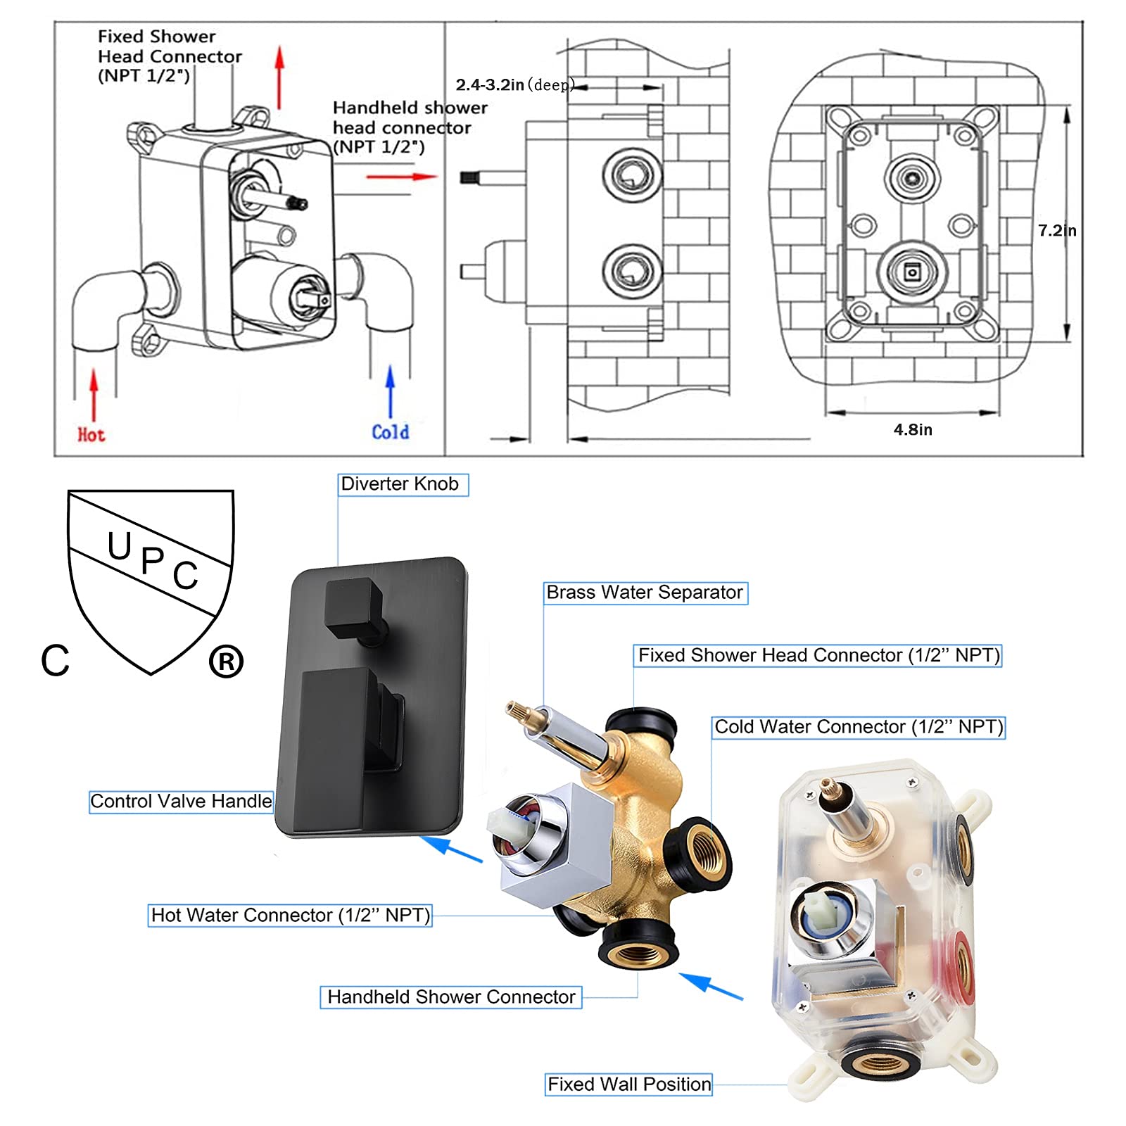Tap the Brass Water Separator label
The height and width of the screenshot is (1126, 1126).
point(645,593)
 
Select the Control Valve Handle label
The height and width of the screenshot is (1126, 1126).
point(181,802)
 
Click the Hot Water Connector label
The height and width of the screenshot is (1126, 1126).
point(290,915)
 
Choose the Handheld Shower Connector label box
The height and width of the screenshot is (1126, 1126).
point(451,997)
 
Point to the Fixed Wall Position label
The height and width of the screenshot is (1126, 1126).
point(629,1084)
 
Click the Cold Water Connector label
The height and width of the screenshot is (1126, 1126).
point(859,727)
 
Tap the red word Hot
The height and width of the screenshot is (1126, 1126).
point(91,435)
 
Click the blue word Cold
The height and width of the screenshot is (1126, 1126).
point(390,432)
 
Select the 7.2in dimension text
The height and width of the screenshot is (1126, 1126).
point(1057,231)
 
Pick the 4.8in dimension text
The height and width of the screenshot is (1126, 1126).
point(913,429)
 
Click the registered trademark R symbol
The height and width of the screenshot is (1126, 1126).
point(226,662)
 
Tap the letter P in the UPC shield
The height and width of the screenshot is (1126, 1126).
point(153,561)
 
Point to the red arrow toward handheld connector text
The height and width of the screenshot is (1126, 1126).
point(401,177)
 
